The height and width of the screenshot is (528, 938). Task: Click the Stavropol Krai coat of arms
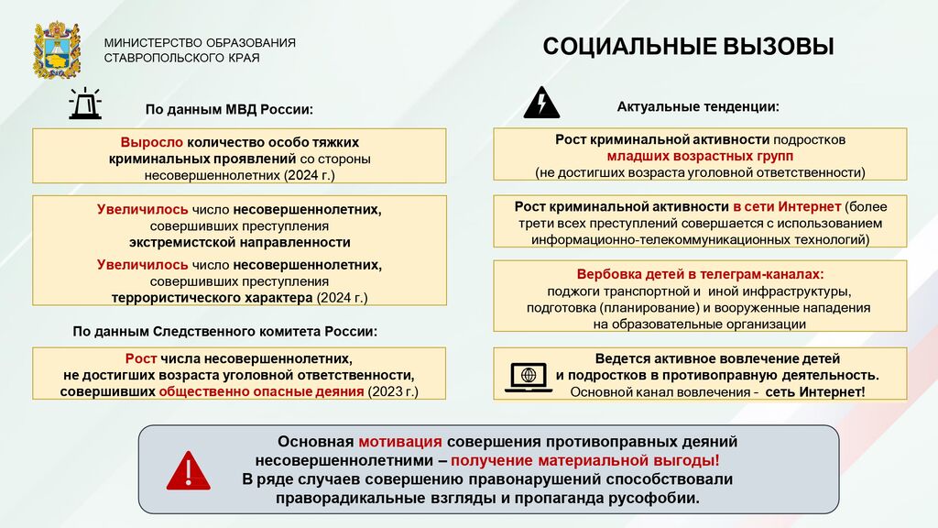[x=56, y=49]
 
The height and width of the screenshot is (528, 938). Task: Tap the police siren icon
[x=85, y=104]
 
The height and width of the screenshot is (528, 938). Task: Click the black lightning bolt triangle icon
[x=541, y=103]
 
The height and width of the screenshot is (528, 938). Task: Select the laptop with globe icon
[x=529, y=377]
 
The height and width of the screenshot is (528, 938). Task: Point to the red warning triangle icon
[x=189, y=470]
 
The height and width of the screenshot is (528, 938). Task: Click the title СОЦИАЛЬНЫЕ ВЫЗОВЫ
[x=688, y=47]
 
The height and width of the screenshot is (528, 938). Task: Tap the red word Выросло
[x=151, y=142]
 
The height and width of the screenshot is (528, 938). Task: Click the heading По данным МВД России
[x=229, y=110]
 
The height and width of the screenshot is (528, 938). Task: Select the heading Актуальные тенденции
[x=698, y=106]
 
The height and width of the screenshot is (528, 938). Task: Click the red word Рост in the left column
[x=140, y=358]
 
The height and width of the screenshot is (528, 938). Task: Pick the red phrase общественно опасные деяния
[x=261, y=391]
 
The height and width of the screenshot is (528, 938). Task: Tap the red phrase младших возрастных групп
[x=700, y=156]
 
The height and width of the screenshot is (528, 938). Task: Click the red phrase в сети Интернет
[x=787, y=206]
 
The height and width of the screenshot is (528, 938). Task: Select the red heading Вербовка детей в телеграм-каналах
[x=700, y=274]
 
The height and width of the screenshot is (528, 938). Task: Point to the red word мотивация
[x=400, y=442]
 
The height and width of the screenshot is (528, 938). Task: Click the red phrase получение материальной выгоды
[x=584, y=460]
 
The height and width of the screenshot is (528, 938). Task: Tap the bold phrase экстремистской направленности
[x=240, y=242]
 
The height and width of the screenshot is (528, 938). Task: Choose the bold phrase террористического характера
[x=212, y=298]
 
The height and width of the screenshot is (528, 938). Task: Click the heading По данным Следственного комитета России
[x=225, y=332]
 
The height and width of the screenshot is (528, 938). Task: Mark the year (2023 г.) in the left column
[x=393, y=391]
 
